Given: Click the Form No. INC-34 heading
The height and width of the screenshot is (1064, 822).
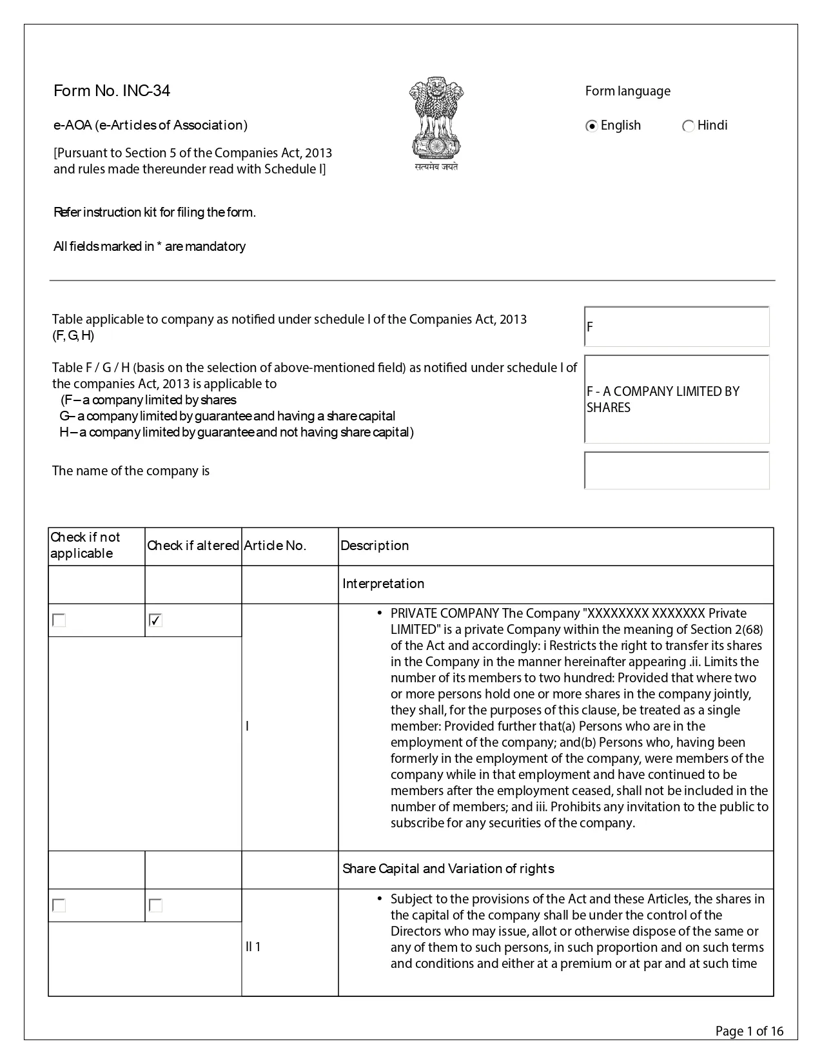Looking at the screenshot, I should (112, 91).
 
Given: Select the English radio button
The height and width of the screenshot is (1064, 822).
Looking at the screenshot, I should (591, 126).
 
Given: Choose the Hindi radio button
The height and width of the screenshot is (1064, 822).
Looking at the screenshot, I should (688, 126).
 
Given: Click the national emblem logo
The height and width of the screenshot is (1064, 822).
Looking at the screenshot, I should (436, 123).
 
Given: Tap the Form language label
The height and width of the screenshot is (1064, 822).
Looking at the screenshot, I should (627, 91).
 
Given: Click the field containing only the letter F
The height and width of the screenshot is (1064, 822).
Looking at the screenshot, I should (676, 326).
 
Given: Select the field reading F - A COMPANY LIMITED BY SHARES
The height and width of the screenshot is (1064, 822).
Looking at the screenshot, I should (676, 399).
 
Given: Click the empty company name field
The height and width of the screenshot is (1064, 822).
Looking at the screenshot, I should (676, 471).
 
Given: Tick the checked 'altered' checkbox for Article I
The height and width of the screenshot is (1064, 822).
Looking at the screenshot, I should (155, 620).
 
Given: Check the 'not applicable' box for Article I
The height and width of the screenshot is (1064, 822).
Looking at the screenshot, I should (59, 620).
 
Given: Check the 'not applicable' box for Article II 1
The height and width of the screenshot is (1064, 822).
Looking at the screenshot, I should (59, 905).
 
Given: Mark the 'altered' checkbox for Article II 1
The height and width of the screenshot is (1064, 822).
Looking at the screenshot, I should (155, 905).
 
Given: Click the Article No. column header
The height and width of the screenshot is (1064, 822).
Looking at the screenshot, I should (275, 546).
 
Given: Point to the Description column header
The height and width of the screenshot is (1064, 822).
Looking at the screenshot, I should (375, 546).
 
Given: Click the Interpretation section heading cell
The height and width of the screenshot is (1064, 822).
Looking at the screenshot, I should (384, 584).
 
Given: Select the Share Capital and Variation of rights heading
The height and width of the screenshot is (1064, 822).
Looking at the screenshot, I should (448, 869).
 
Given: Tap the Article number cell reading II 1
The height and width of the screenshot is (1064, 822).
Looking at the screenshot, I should (253, 947).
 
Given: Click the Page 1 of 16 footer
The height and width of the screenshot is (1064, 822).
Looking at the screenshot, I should (749, 1031).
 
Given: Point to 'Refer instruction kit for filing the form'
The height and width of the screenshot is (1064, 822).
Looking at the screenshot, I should (155, 212).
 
